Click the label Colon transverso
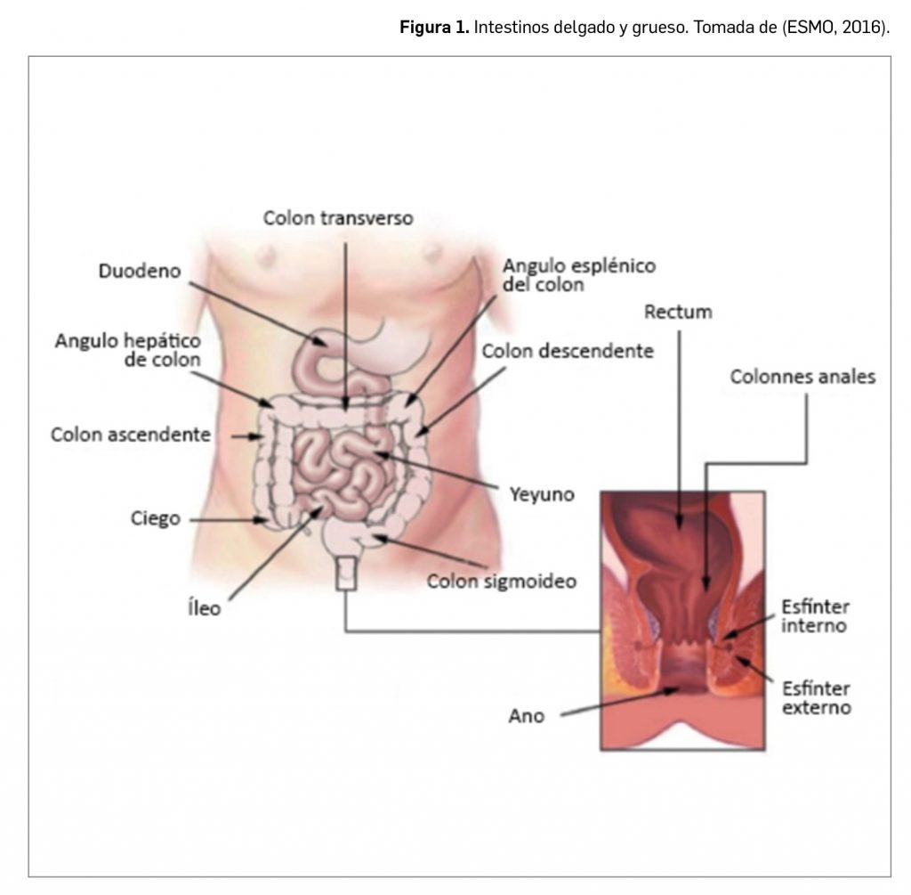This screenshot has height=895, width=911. [x=337, y=217]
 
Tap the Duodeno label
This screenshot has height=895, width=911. [x=140, y=271]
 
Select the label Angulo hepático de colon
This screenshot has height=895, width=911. [x=128, y=350]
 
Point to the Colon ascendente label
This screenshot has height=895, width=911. [x=131, y=435]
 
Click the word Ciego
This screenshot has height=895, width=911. [x=155, y=518]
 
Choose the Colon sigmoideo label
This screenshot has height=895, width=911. [x=502, y=582]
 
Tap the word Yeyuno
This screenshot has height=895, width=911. [x=541, y=492]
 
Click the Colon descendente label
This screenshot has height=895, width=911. [x=568, y=351]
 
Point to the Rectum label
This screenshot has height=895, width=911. [x=678, y=312]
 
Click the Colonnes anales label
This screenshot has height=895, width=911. [x=802, y=377]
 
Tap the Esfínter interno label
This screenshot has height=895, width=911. [x=814, y=616]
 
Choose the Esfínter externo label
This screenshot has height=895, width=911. [x=816, y=698]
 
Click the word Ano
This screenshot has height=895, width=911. [x=527, y=715]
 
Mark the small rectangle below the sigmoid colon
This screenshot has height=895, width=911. [x=345, y=574]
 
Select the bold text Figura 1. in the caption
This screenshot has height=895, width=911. [x=433, y=28]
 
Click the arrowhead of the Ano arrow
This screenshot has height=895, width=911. [x=673, y=688]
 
